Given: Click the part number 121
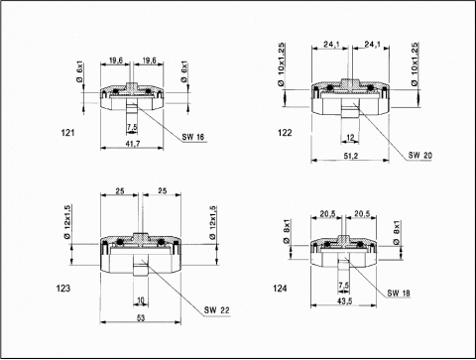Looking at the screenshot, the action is click(x=67, y=133).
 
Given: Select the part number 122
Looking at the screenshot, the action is click(x=285, y=133).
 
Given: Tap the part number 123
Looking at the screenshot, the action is click(x=63, y=289).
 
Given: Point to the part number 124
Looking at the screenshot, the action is click(x=280, y=289).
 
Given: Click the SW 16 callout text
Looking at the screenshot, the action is click(x=193, y=137).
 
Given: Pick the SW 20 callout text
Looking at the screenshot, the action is click(x=419, y=155).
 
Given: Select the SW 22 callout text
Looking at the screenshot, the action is click(x=216, y=310).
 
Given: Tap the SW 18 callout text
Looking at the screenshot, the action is click(x=399, y=293).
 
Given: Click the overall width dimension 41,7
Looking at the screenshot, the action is click(x=132, y=144).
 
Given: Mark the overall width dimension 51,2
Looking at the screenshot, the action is click(x=351, y=156).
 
